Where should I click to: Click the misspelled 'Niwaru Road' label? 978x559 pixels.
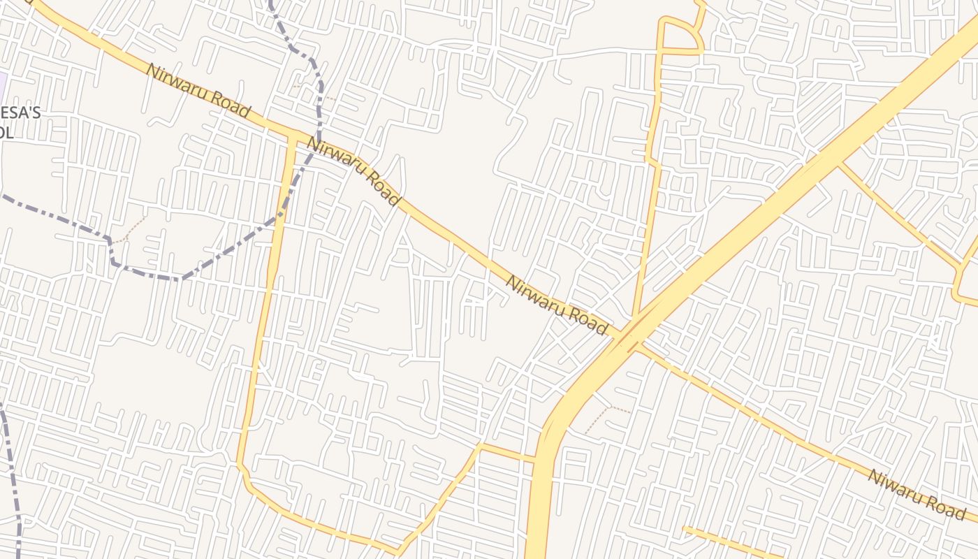pyautogui.click(x=916, y=495)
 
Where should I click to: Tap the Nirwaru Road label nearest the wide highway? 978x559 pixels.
pyautogui.click(x=556, y=304)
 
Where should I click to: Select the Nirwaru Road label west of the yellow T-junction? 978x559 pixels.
pyautogui.click(x=198, y=90)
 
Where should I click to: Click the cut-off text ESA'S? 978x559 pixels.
pyautogui.click(x=21, y=113)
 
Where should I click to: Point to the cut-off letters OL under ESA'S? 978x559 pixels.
pyautogui.click(x=7, y=133)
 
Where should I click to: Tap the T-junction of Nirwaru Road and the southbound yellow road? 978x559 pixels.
pyautogui.click(x=292, y=134)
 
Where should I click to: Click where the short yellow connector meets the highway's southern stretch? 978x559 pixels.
pyautogui.click(x=535, y=459)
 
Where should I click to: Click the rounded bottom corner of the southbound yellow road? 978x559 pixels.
pyautogui.click(x=245, y=475)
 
